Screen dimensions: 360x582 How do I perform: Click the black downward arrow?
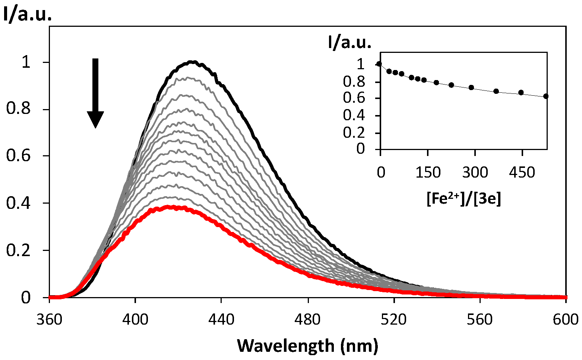pyautogui.click(x=95, y=93)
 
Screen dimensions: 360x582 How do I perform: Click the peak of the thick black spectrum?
pyautogui.click(x=192, y=62)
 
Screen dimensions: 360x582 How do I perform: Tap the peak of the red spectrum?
pyautogui.click(x=170, y=207)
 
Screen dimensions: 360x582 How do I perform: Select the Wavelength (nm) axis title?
pyautogui.click(x=307, y=346)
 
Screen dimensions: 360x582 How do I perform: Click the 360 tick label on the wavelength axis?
pyautogui.click(x=50, y=319)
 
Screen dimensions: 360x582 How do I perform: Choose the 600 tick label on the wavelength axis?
pyautogui.click(x=566, y=319)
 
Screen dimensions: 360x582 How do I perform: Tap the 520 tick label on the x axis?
pyautogui.click(x=394, y=319)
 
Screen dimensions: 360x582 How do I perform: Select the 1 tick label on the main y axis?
pyautogui.click(x=26, y=62)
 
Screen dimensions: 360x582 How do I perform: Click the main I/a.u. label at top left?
pyautogui.click(x=27, y=15)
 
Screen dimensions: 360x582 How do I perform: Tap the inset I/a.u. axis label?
pyautogui.click(x=349, y=43)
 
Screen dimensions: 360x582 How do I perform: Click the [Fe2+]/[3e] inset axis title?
pyautogui.click(x=464, y=200)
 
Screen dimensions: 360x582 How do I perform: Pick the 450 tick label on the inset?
pyautogui.click(x=522, y=173)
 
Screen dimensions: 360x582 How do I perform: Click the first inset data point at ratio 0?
pyautogui.click(x=379, y=64)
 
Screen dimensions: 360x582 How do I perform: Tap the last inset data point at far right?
pyautogui.click(x=546, y=96)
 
